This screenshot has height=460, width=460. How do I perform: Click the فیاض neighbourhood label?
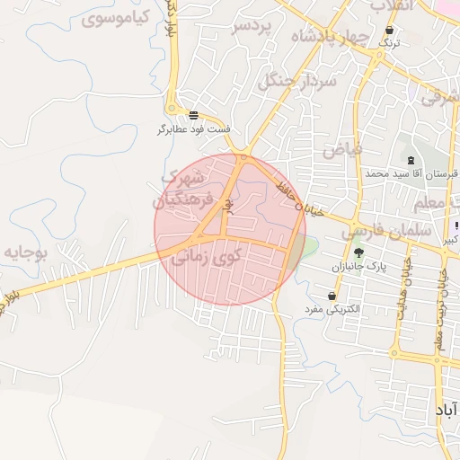click(x=342, y=149)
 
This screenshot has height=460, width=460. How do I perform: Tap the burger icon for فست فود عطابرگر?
click(x=194, y=115)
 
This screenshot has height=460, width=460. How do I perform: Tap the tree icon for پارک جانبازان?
click(x=358, y=252)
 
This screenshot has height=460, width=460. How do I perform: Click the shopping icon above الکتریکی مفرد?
click(x=332, y=296)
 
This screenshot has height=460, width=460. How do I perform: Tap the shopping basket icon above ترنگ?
click(x=389, y=29)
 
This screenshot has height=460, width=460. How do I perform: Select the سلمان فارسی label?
click(x=386, y=231)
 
